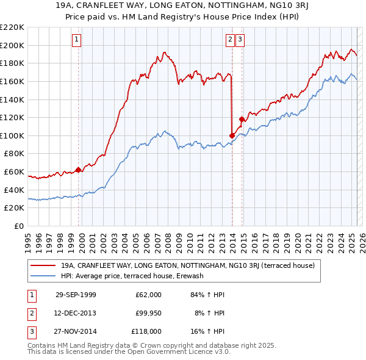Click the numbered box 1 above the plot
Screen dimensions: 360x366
(x=77, y=40)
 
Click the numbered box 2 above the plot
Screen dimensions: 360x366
(x=230, y=40)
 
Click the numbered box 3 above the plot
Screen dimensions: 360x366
(x=240, y=40)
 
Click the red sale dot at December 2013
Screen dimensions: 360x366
(x=232, y=135)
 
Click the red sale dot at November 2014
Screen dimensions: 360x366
(x=242, y=119)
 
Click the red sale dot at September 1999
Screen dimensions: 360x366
(x=79, y=170)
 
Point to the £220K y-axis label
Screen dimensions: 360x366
(x=12, y=27)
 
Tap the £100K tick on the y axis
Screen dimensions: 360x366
(x=12, y=135)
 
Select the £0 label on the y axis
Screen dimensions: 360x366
(x=18, y=226)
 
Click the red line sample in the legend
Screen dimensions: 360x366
(x=43, y=266)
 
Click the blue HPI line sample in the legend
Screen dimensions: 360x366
(x=43, y=276)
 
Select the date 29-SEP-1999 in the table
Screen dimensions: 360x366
(x=76, y=295)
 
